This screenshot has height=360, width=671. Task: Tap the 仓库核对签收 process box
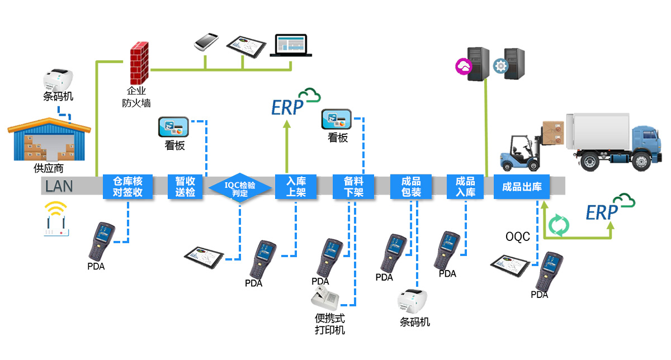128,187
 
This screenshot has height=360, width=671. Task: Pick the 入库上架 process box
296,187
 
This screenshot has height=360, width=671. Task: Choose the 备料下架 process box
354,187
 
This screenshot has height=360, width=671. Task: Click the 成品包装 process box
411,187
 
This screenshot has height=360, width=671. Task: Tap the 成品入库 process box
465,187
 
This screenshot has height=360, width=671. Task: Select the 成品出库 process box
522,187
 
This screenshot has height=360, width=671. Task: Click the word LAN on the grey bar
59,186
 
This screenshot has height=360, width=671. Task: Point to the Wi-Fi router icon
56,220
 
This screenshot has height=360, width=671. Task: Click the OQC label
517,237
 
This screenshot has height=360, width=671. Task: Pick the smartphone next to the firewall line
206,42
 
